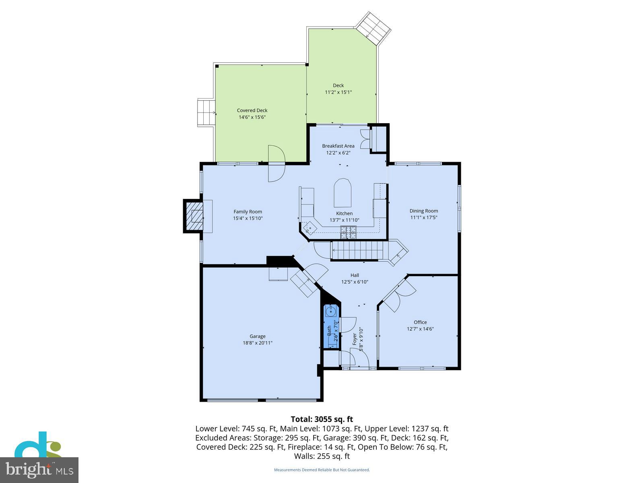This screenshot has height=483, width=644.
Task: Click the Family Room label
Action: point(248,212)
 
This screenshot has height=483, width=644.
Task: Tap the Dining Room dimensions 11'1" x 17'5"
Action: point(423,217)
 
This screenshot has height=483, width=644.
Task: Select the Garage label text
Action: point(257,336)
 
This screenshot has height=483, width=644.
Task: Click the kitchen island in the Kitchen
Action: point(343,193)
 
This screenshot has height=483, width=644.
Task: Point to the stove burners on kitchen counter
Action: point(349,230)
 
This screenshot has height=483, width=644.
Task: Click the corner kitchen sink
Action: point(310,229)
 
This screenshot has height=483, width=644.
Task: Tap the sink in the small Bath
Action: point(332,311)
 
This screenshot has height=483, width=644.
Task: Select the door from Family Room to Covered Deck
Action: point(277,163)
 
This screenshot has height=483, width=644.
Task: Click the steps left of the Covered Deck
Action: point(206,113)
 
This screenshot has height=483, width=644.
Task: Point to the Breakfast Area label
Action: point(338,146)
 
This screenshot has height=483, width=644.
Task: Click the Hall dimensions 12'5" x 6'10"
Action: point(355,282)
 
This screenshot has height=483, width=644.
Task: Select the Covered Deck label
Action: point(252,111)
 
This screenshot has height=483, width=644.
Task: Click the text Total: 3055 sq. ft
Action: point(322,419)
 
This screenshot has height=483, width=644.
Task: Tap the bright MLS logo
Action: point(39,470)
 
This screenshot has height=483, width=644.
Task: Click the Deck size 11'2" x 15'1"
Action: point(338,92)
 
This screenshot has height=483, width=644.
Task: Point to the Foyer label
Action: point(355,339)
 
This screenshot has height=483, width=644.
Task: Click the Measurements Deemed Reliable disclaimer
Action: point(322,470)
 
